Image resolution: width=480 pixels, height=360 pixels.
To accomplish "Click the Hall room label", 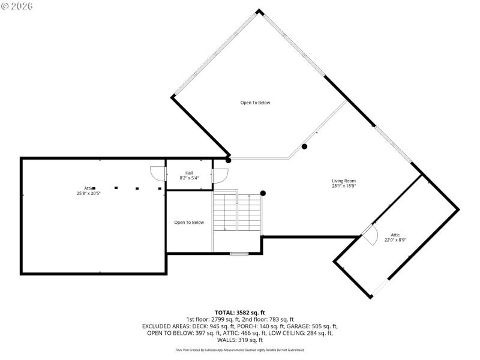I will coord(189,173).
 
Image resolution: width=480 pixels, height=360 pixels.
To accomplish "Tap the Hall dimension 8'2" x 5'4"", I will coord(189,178).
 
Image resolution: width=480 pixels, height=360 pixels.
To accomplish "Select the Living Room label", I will coord(344,181).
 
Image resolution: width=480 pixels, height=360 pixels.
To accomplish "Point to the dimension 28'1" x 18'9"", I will coord(344,186).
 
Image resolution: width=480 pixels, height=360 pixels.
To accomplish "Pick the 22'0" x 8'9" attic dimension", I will coord(395,240).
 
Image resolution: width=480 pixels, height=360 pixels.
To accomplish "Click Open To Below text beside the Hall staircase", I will coord(189,223).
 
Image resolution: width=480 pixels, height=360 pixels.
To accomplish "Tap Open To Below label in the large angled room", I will coord(255,103).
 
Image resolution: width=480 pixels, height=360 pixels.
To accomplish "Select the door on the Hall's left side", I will coord(157,173).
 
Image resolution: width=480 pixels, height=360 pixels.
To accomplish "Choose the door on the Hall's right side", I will coord(220,176).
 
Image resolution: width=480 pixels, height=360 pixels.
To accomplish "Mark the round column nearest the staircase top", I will coord(263,193).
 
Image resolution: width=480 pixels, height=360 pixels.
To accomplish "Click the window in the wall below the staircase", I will coord(239,254).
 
